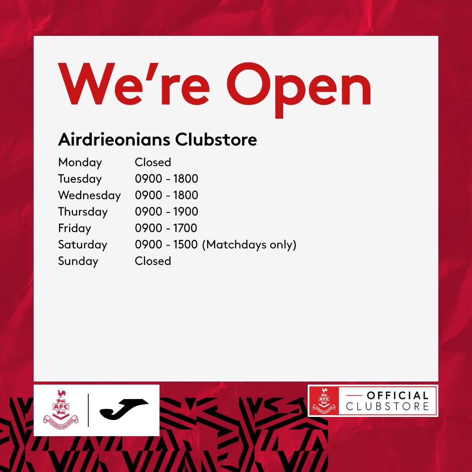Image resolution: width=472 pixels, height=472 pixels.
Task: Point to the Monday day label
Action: [x=80, y=163]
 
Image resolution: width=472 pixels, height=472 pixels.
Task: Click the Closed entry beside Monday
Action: [x=153, y=162]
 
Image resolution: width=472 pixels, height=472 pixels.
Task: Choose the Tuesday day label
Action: [x=80, y=179]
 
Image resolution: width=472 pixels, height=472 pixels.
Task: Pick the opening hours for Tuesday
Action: [x=166, y=179]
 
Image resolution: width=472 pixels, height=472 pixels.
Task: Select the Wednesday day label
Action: [x=89, y=195]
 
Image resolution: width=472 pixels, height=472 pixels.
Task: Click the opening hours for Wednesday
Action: [x=166, y=195]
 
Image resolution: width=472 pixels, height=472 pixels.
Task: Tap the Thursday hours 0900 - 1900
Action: [x=166, y=212]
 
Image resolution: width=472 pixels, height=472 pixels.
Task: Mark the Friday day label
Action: [x=74, y=228]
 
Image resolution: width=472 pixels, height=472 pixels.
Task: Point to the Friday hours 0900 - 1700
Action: [x=166, y=228]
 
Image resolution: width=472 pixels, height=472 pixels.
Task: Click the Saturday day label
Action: [x=82, y=245]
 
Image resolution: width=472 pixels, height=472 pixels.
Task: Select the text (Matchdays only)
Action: [x=249, y=245]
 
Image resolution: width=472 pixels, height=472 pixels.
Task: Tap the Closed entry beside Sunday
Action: [x=153, y=261]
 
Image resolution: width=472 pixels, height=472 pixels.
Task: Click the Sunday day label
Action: [x=78, y=261]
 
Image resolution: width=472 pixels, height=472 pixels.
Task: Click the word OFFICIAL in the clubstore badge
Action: [x=397, y=396]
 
